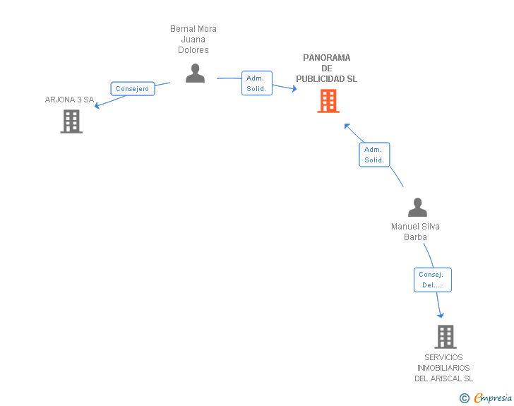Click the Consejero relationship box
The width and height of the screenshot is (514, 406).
pos(133,88)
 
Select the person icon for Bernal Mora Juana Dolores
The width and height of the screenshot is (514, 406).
pos(195,73)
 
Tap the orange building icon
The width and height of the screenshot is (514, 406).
pos(328,101)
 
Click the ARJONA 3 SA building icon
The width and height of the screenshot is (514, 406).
pos(71,121)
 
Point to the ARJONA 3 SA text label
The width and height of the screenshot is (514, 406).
pos(69,100)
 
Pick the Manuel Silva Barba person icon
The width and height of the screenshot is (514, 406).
pos(417,208)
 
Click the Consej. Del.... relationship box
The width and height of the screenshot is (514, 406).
pos(432,280)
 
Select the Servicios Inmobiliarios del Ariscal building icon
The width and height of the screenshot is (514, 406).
pos(446,337)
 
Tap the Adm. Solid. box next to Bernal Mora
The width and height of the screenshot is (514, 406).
pos(257,83)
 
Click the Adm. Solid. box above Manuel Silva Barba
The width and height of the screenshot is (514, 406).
pos(374,155)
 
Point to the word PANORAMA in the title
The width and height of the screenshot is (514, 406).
pos(326,58)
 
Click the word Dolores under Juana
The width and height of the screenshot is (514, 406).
pos(193,50)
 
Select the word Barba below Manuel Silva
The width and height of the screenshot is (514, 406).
pos(415,237)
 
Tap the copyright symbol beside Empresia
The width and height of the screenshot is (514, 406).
pos(464,398)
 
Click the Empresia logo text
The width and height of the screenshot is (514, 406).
pos(493,398)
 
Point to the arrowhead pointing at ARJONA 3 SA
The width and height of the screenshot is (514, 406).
pos(97,106)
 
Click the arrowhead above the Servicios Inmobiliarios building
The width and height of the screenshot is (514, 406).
pos(441,316)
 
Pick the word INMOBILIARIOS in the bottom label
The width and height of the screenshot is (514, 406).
pos(443,368)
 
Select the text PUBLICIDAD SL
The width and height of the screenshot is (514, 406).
pos(326,79)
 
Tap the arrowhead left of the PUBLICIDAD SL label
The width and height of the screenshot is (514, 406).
pos(294,88)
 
